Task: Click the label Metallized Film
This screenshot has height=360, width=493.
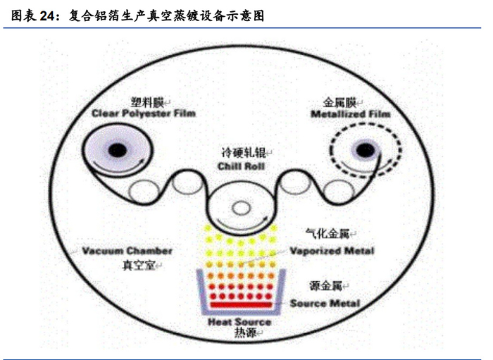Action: tap(351, 113)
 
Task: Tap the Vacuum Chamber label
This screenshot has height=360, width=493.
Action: tap(127, 250)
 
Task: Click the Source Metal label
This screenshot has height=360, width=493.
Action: tap(325, 303)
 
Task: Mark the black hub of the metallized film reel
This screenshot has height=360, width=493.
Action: tap(365, 149)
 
